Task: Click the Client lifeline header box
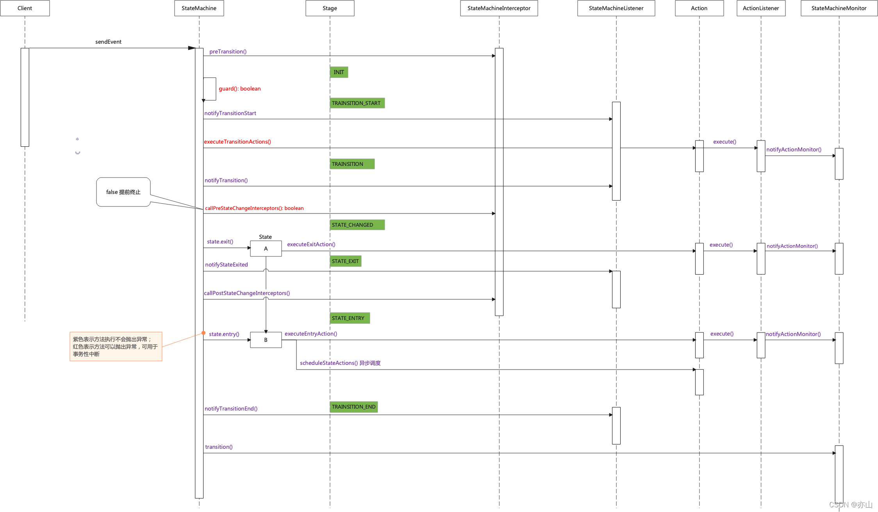(x=25, y=8)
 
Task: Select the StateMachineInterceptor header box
(x=499, y=8)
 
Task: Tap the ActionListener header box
(x=760, y=8)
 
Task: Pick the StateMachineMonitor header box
(x=839, y=8)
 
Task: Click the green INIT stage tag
(x=339, y=72)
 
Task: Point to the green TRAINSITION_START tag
(x=357, y=103)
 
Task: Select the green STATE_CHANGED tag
(x=357, y=225)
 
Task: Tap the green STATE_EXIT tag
(x=345, y=261)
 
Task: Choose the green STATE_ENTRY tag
(x=349, y=318)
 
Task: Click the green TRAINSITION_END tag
(x=353, y=407)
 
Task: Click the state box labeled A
(x=266, y=249)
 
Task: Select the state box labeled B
(x=266, y=340)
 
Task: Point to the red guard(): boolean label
(x=239, y=89)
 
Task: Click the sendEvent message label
(x=108, y=42)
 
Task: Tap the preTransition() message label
(x=228, y=52)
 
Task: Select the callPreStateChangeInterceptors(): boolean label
(x=254, y=208)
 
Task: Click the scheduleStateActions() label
(x=340, y=363)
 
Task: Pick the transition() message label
(x=219, y=447)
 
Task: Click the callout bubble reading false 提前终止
(x=123, y=192)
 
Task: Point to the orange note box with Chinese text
(x=116, y=347)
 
